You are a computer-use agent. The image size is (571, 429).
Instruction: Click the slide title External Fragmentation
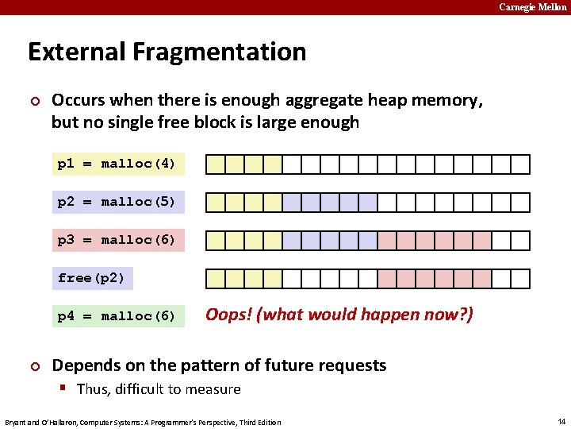click(167, 52)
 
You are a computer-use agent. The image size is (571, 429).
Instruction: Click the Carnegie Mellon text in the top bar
click(533, 7)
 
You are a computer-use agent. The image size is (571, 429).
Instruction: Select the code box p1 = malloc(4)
click(117, 164)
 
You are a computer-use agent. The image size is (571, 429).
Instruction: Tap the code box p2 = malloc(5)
click(117, 202)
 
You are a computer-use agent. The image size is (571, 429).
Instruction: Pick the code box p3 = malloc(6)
click(117, 240)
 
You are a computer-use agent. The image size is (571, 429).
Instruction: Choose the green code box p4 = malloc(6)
click(117, 316)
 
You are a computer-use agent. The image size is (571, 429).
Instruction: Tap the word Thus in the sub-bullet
click(94, 389)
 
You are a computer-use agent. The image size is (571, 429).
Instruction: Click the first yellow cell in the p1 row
click(216, 164)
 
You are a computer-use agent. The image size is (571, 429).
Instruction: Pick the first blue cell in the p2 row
click(292, 203)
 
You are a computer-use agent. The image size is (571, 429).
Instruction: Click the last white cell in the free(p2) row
click(520, 279)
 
